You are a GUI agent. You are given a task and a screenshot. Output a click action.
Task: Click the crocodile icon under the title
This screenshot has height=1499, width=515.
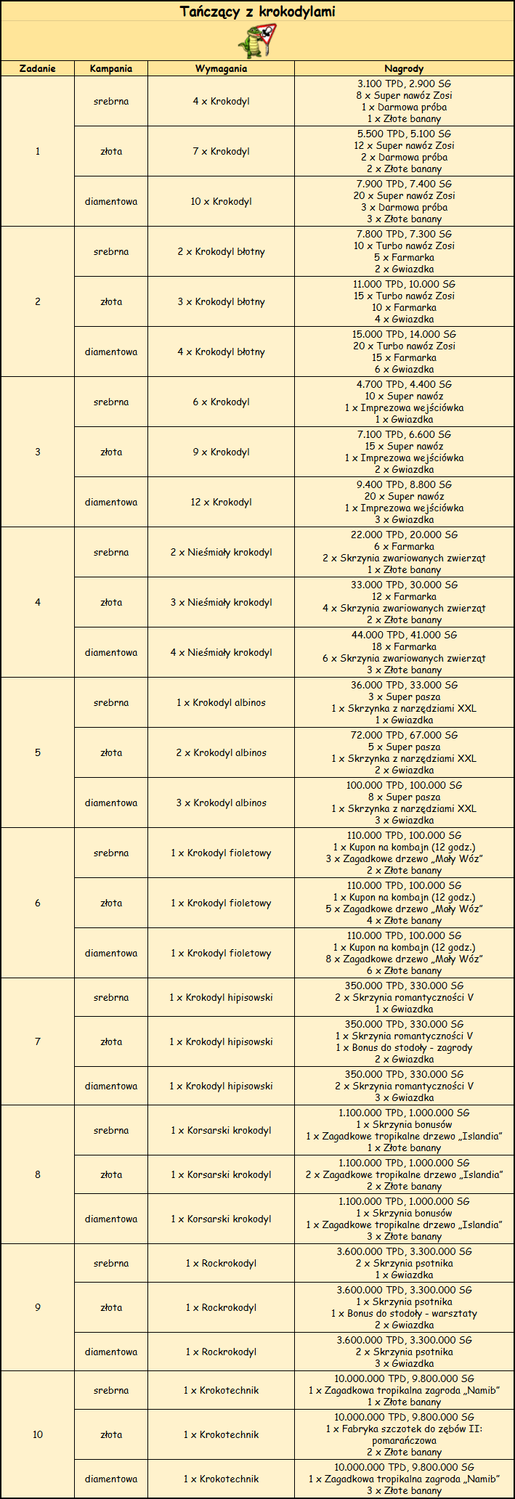[x=257, y=41]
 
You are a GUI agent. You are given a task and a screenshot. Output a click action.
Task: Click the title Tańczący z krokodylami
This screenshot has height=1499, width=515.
[x=257, y=12]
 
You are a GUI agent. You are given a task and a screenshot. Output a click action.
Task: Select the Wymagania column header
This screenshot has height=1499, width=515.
[x=221, y=68]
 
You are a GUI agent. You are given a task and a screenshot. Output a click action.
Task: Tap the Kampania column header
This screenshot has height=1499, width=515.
[x=111, y=68]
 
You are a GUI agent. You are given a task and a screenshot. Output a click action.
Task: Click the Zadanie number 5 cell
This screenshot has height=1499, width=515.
[x=38, y=752]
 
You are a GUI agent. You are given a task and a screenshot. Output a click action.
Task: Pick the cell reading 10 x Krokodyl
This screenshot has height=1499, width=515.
[x=221, y=201]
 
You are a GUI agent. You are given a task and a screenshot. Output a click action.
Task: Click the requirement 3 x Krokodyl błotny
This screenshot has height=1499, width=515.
[x=221, y=301]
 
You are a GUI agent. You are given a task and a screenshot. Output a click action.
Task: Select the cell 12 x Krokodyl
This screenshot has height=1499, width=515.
[x=221, y=502]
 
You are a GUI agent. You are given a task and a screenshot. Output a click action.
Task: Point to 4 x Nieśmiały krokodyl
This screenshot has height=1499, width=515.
[x=221, y=652]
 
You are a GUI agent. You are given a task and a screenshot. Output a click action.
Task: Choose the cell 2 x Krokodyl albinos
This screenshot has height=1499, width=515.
[x=221, y=752]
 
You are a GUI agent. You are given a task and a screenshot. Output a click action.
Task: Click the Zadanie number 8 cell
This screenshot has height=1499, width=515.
[x=38, y=1174]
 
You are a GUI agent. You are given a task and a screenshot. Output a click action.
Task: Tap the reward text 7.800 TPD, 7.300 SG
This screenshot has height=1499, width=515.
[x=404, y=234]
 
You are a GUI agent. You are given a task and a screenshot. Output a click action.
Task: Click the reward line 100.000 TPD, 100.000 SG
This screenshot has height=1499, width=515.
[x=404, y=785]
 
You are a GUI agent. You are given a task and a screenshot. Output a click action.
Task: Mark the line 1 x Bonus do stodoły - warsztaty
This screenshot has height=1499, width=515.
[x=404, y=1313]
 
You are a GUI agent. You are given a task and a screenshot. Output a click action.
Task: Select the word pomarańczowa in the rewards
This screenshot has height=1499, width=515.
[x=404, y=1440]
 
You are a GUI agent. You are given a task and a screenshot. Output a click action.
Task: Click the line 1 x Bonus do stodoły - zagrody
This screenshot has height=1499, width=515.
[x=404, y=1047]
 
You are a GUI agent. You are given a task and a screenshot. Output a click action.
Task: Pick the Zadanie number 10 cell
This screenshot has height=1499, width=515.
[x=38, y=1434]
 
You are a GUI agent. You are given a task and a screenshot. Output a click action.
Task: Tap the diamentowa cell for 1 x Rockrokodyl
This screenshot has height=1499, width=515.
[x=111, y=1352]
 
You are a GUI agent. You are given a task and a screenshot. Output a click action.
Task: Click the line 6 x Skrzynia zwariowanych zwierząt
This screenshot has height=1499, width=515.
[x=404, y=658]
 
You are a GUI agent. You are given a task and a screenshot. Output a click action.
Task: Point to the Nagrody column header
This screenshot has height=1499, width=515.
[x=404, y=68]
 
